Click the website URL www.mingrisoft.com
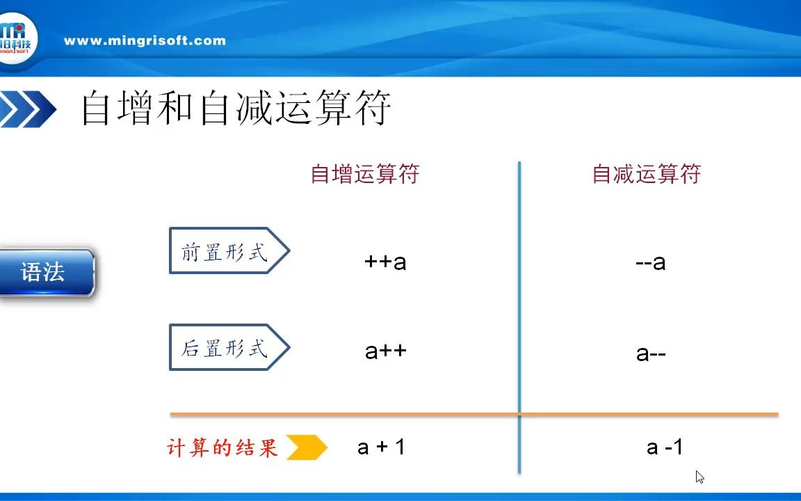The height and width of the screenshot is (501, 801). [145, 41]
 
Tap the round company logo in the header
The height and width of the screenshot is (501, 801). [17, 39]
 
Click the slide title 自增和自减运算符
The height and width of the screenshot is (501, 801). [236, 107]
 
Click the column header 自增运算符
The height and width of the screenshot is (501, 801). [365, 174]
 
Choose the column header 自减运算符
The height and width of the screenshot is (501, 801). [646, 174]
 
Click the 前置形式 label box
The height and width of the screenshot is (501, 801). [229, 250]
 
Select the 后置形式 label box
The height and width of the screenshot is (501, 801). [229, 347]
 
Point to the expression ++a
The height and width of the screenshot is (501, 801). [385, 262]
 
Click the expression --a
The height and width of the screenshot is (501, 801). [650, 262]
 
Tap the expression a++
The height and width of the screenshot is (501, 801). [386, 351]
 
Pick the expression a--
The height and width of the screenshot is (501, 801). [651, 353]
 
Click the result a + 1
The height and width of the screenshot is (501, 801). [381, 447]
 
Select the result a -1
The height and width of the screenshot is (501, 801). [665, 447]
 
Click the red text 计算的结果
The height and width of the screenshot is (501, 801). [222, 448]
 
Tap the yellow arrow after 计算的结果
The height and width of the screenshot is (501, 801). [307, 447]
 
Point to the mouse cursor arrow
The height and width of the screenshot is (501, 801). [699, 477]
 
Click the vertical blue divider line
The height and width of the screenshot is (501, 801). [519, 317]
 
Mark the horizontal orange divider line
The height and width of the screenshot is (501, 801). [474, 414]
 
